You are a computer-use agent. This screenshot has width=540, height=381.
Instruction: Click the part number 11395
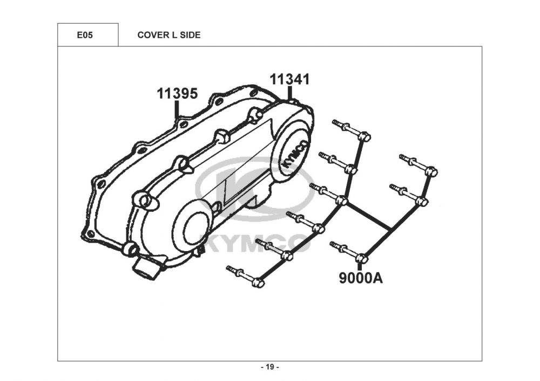(x=177, y=93)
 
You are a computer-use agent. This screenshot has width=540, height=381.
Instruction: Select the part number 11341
(x=290, y=79)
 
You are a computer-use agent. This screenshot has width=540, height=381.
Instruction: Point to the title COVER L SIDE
(x=169, y=35)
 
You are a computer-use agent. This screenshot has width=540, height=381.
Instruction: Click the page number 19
(x=270, y=367)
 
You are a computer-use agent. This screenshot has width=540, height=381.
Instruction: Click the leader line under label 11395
(x=177, y=110)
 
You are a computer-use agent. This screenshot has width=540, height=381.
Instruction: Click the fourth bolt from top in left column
(x=305, y=222)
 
